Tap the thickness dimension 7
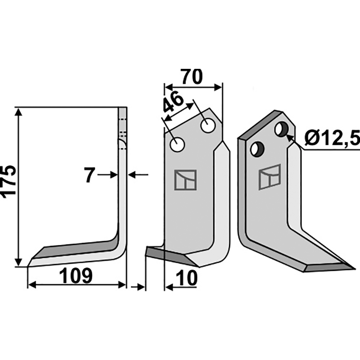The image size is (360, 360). [x=90, y=175]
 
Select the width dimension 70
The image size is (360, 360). [x=192, y=76]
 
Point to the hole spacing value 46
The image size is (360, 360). [x=173, y=104]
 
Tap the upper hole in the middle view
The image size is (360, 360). [x=208, y=126]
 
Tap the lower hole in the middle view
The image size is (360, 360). [x=177, y=144]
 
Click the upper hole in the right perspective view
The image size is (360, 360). [x=282, y=130]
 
